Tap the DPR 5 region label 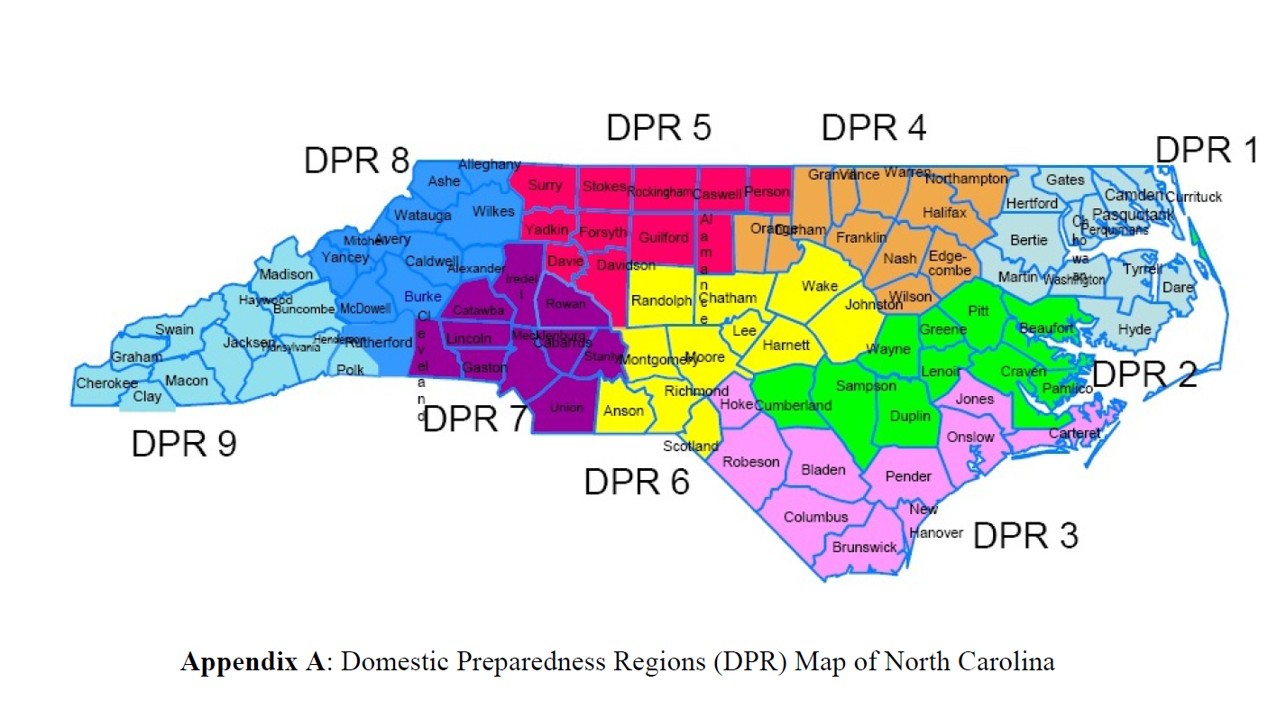click(658, 127)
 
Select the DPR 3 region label click(1025, 536)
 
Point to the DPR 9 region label click(184, 443)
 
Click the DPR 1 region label click(1207, 151)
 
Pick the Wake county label click(820, 286)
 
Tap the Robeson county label click(751, 462)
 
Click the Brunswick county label click(864, 547)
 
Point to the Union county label click(566, 408)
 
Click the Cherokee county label click(106, 383)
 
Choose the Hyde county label click(1135, 329)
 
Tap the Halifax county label click(944, 213)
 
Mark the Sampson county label click(866, 386)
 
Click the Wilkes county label click(493, 211)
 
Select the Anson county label click(623, 410)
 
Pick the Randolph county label click(661, 300)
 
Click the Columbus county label click(815, 517)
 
